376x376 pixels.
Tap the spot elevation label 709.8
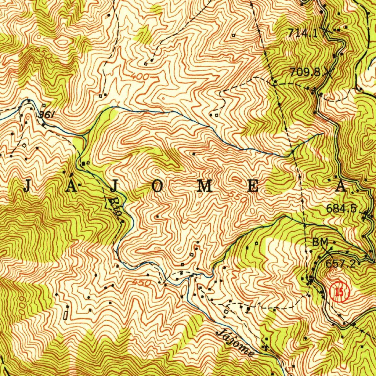pos(305,72)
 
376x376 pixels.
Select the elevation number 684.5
pos(341,209)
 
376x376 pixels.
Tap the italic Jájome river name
pos(235,343)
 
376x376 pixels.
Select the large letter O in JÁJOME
pos(157,187)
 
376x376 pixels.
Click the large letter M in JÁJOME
pos(204,187)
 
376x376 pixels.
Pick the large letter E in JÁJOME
pos(253,187)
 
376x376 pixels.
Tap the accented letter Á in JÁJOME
pos(72,185)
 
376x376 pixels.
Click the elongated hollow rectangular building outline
pos(66,315)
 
